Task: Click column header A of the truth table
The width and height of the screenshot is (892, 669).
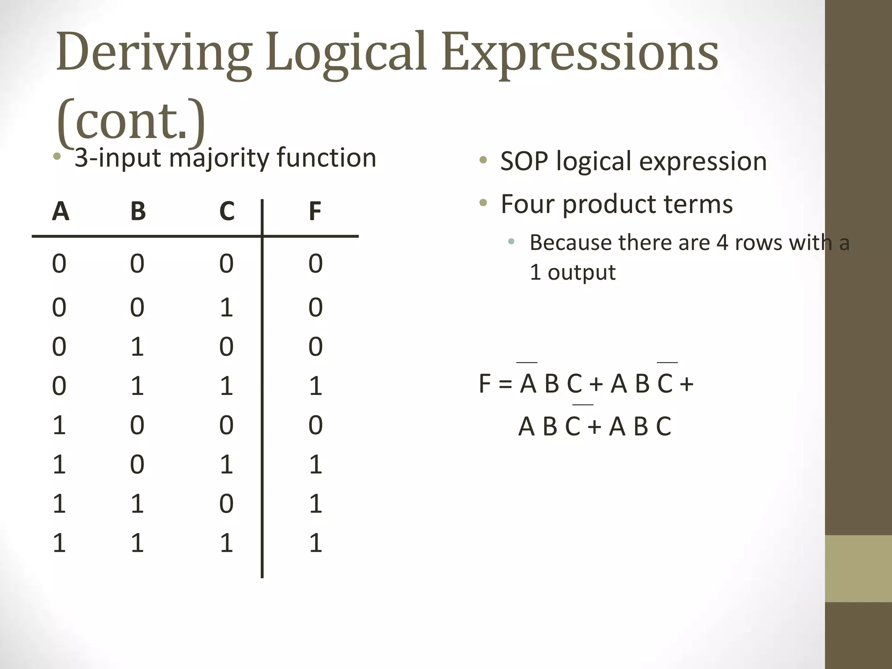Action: pyautogui.click(x=61, y=212)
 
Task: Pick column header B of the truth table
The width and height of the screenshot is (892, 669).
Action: pyautogui.click(x=138, y=212)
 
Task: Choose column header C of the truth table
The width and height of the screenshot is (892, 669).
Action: pyautogui.click(x=227, y=212)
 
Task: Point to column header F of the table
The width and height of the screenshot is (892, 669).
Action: pyautogui.click(x=315, y=212)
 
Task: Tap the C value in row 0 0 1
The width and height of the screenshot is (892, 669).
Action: pyautogui.click(x=226, y=307)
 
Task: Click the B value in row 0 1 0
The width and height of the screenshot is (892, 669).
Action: pyautogui.click(x=137, y=347)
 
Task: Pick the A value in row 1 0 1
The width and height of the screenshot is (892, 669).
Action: pyautogui.click(x=59, y=465)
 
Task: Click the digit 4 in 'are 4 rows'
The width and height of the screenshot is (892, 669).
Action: pyautogui.click(x=722, y=243)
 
